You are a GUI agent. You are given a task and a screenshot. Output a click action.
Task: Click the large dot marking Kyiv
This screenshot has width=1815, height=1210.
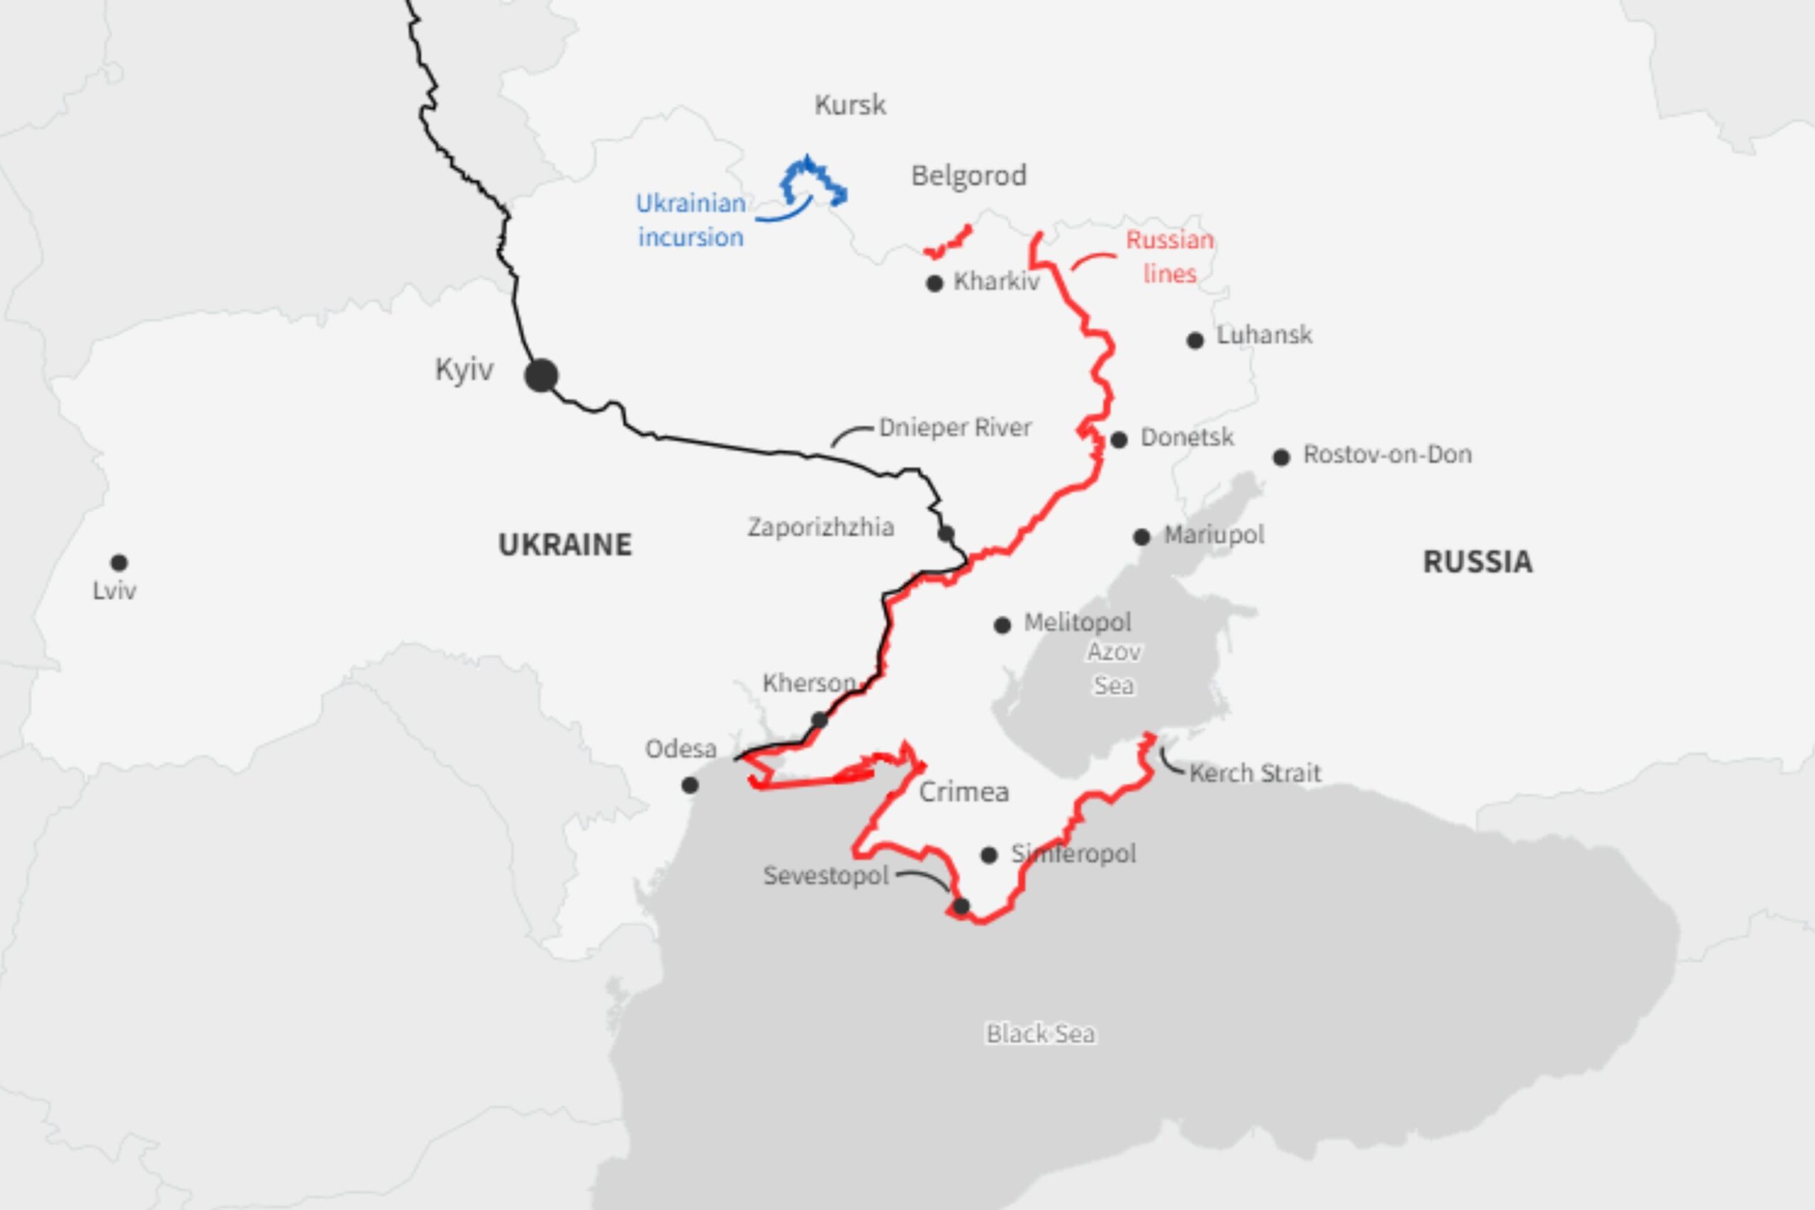click(x=541, y=376)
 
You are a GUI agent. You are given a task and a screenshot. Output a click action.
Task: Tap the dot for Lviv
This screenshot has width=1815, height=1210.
click(x=119, y=562)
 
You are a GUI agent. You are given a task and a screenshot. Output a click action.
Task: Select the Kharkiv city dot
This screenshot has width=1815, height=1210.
click(x=934, y=284)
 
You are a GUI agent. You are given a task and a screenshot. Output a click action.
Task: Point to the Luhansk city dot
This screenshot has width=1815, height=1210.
click(x=1195, y=340)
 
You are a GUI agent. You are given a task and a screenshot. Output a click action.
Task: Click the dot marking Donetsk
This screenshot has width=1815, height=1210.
click(x=1119, y=440)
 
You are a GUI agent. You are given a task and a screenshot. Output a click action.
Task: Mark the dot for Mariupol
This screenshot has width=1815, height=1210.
click(x=1142, y=537)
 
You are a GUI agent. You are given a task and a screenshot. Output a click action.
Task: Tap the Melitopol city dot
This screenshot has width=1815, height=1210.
click(x=1003, y=625)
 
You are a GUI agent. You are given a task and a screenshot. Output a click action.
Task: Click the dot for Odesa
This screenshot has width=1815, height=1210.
click(x=690, y=785)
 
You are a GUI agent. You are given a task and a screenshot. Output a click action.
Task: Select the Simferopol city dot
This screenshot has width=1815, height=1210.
click(x=989, y=855)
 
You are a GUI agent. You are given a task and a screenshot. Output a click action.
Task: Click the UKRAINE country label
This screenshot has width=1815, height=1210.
click(x=565, y=545)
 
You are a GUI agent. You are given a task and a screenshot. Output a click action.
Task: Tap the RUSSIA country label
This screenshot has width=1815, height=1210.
click(x=1477, y=562)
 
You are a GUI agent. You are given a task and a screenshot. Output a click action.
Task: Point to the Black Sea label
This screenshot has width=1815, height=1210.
click(x=1040, y=1034)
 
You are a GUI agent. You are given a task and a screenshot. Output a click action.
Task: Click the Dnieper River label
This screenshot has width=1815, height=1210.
click(x=955, y=427)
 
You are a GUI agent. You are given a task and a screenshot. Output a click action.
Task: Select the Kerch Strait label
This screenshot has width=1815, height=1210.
click(x=1255, y=773)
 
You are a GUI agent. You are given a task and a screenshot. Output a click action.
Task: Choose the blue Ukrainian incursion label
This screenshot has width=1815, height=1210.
click(x=691, y=220)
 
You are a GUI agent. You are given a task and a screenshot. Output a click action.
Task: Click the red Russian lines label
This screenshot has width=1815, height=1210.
click(x=1169, y=256)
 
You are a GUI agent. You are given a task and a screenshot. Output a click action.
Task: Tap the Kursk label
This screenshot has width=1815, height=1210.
click(x=850, y=105)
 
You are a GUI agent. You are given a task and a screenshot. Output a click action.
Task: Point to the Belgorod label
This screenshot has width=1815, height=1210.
click(x=968, y=176)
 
